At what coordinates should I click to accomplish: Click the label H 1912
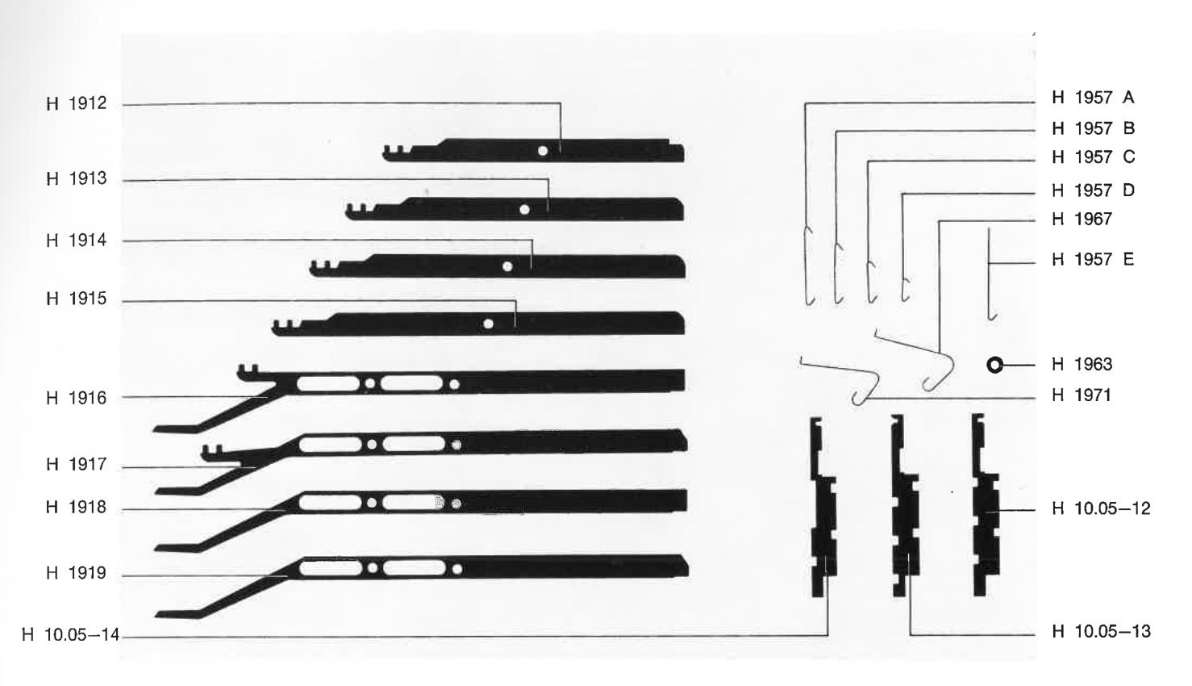pyautogui.click(x=77, y=103)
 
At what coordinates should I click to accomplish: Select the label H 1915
pyautogui.click(x=77, y=299)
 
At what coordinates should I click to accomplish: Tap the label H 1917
pyautogui.click(x=77, y=464)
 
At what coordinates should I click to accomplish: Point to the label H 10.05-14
pyautogui.click(x=71, y=635)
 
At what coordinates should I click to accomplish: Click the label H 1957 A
pyautogui.click(x=1094, y=98)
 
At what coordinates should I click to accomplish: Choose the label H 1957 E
pyautogui.click(x=1093, y=259)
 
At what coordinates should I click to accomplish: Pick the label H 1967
pyautogui.click(x=1082, y=219)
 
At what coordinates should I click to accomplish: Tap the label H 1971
pyautogui.click(x=1082, y=395)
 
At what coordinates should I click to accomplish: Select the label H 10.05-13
pyautogui.click(x=1102, y=631)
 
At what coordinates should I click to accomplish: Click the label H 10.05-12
pyautogui.click(x=1102, y=508)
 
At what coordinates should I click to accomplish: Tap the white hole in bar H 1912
pyautogui.click(x=543, y=151)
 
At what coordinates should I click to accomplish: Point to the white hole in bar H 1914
pyautogui.click(x=507, y=266)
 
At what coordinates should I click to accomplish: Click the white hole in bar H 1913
pyautogui.click(x=524, y=210)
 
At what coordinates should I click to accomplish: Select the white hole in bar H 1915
pyautogui.click(x=488, y=324)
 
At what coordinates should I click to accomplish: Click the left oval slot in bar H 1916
pyautogui.click(x=328, y=383)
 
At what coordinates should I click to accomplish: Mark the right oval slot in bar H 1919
pyautogui.click(x=414, y=568)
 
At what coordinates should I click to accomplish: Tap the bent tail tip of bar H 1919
pyautogui.click(x=156, y=615)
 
